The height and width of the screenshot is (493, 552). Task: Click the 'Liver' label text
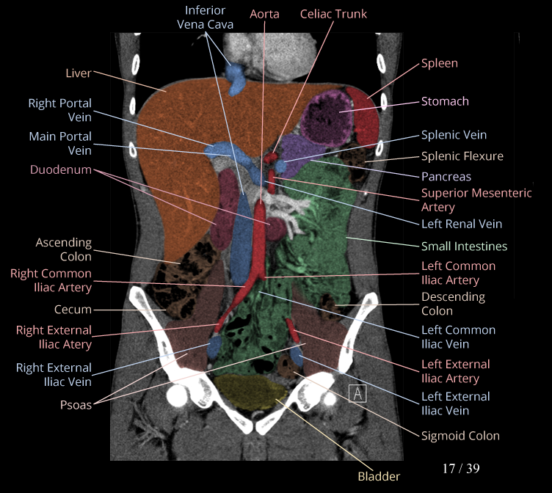[x=78, y=73]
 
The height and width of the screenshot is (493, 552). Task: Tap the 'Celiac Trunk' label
[x=333, y=14]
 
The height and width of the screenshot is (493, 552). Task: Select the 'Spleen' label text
[x=439, y=63]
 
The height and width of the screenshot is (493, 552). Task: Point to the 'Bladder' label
[x=379, y=476]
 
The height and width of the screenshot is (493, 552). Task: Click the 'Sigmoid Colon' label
[x=460, y=436]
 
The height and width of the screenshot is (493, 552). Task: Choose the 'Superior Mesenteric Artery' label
[x=476, y=200]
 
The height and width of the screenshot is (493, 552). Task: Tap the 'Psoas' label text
[x=76, y=404]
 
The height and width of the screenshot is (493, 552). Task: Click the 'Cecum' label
[x=73, y=310]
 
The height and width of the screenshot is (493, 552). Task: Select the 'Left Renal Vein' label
[x=462, y=224]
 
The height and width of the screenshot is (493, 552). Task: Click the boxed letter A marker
[x=357, y=393]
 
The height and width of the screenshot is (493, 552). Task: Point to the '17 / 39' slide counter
[x=461, y=468]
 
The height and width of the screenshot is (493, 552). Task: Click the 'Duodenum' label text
[x=61, y=169]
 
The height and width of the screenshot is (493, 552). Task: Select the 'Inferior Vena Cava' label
[x=206, y=18]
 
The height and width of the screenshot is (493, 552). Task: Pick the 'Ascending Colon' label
[x=64, y=249]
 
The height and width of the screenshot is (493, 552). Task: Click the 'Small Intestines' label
[x=464, y=246]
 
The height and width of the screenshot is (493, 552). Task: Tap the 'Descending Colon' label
[x=453, y=304]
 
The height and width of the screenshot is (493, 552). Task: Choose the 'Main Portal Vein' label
[x=60, y=143]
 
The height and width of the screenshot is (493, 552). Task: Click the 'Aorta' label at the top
[x=264, y=14]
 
